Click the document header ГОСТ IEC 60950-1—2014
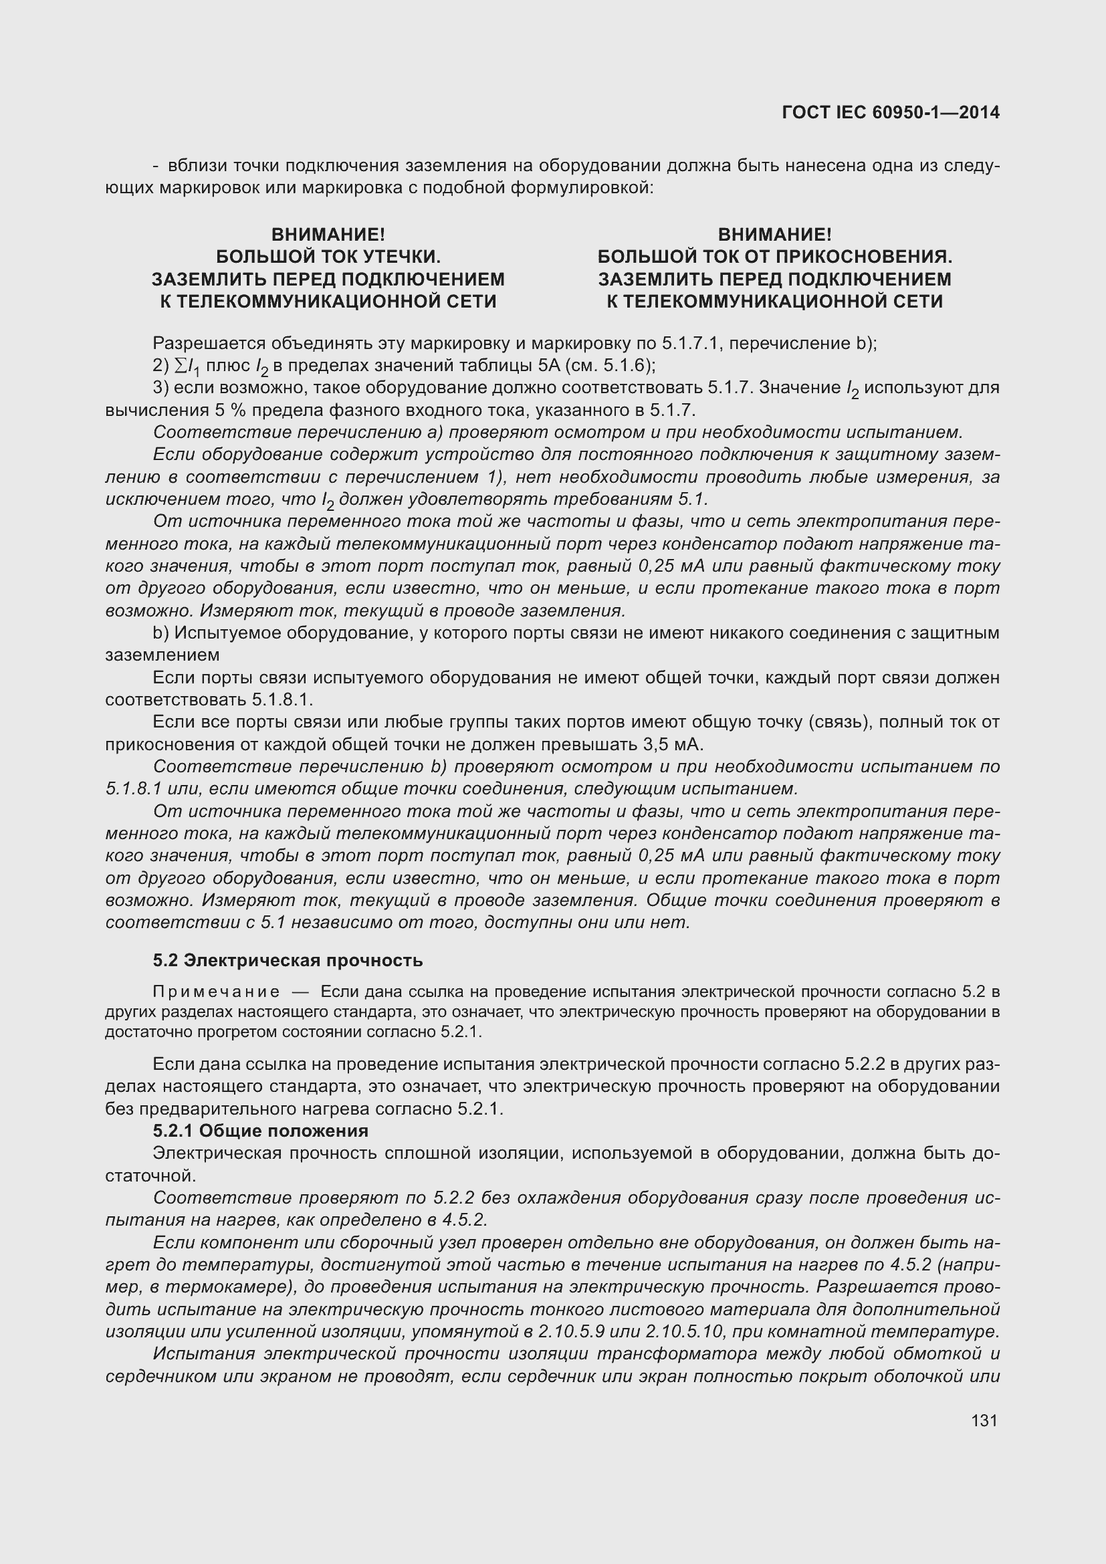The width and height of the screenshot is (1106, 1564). click(x=891, y=113)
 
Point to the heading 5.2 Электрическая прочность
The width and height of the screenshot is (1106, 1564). click(x=288, y=960)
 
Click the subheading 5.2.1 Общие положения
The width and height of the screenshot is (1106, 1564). click(x=260, y=1131)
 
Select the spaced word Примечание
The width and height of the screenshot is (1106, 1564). click(x=216, y=991)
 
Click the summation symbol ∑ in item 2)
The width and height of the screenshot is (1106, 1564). click(x=181, y=366)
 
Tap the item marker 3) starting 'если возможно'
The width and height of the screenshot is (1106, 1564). click(x=160, y=388)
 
